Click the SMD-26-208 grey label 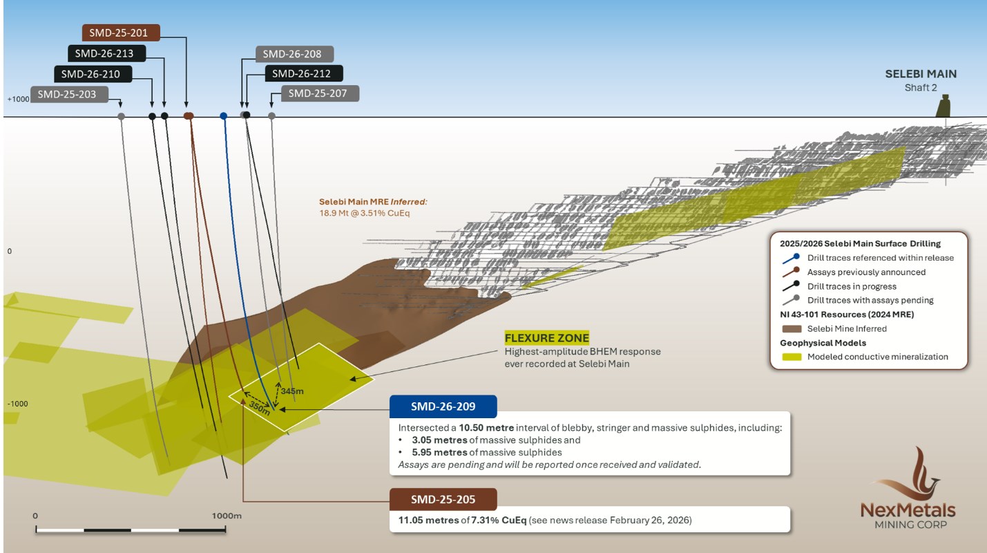click(x=294, y=54)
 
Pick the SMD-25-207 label click(x=319, y=93)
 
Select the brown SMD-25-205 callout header click(x=443, y=498)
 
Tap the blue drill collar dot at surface click(x=223, y=116)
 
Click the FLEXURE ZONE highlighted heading click(x=546, y=338)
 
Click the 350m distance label click(x=259, y=408)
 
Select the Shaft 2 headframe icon click(x=943, y=106)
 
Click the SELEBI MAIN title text click(x=921, y=74)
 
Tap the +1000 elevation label click(x=19, y=100)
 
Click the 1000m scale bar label click(x=225, y=516)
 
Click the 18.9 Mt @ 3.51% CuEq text click(x=363, y=214)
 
